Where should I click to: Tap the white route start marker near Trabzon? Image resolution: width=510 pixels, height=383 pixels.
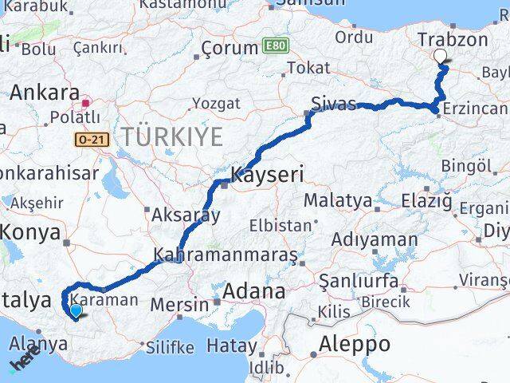point(441,56)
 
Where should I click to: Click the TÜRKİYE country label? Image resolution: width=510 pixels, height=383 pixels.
point(172,137)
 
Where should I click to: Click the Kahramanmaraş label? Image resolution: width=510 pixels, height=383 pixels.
point(226,255)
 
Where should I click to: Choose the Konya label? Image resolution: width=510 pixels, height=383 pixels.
point(32,232)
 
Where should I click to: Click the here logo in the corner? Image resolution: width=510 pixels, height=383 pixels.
point(24,363)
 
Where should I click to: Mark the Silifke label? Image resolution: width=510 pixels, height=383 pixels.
point(170,347)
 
